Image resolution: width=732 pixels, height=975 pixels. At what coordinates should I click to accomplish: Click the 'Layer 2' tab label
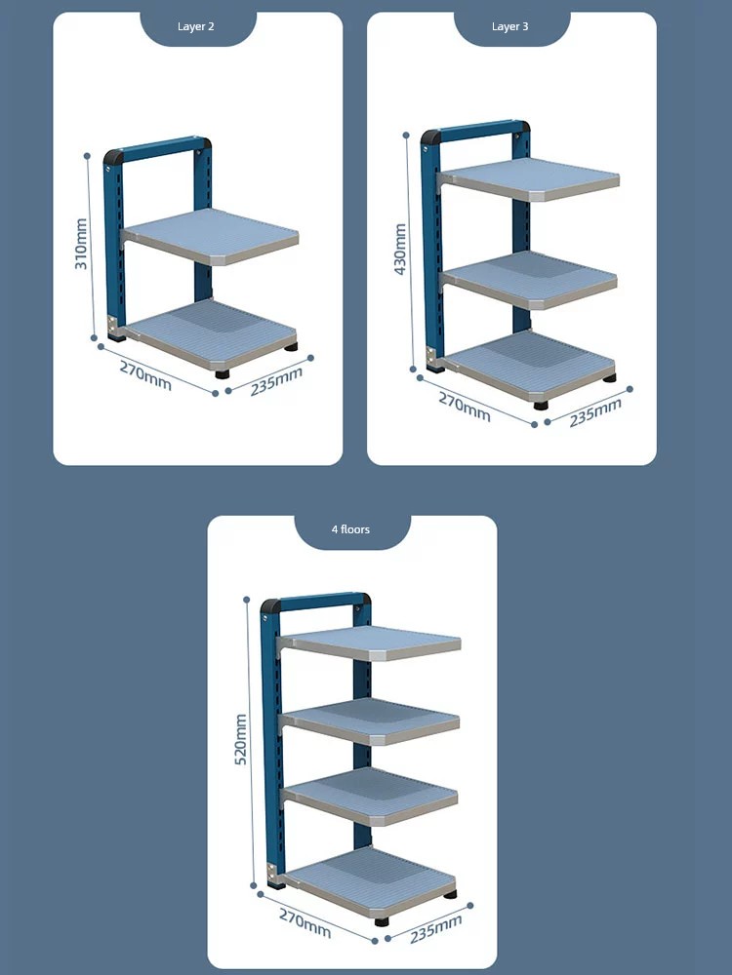pyautogui.click(x=195, y=26)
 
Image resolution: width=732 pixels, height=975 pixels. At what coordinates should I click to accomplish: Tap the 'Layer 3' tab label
pyautogui.click(x=509, y=26)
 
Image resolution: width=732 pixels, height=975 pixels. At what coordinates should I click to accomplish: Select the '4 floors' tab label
pyautogui.click(x=350, y=529)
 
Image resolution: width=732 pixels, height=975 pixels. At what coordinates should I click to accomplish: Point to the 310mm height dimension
pyautogui.click(x=81, y=244)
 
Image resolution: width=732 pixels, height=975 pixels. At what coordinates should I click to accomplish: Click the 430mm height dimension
pyautogui.click(x=400, y=250)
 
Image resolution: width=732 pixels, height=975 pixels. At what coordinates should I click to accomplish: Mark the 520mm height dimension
pyautogui.click(x=240, y=739)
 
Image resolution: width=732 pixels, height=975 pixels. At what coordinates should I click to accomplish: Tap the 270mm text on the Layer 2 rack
pyautogui.click(x=145, y=375)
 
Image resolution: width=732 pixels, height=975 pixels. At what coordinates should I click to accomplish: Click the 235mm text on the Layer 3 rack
pyautogui.click(x=595, y=412)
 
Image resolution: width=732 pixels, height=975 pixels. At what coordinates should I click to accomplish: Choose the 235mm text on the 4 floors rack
pyautogui.click(x=435, y=929)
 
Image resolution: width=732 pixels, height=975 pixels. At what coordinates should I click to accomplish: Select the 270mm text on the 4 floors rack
pyautogui.click(x=305, y=923)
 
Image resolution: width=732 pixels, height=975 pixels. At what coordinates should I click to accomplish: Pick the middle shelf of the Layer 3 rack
pyautogui.click(x=529, y=280)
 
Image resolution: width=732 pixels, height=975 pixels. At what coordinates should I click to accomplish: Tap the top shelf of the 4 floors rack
pyautogui.click(x=370, y=643)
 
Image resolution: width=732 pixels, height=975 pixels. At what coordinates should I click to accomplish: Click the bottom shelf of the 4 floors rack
pyautogui.click(x=367, y=883)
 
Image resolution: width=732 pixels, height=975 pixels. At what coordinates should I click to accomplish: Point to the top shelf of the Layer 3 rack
pyautogui.click(x=529, y=179)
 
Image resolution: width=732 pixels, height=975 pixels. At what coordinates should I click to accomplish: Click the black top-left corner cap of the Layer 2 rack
pyautogui.click(x=112, y=156)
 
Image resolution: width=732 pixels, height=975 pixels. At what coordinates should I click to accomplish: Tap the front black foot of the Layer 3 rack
pyautogui.click(x=541, y=406)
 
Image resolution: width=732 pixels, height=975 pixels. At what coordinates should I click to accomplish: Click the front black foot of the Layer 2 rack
pyautogui.click(x=223, y=374)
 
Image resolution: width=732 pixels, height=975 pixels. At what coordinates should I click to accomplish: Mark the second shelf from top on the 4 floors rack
pyautogui.click(x=370, y=721)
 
